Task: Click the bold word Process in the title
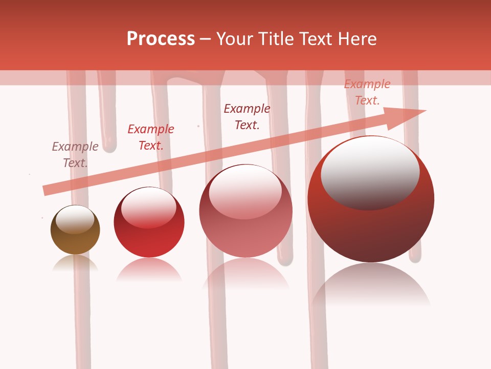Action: (x=161, y=38)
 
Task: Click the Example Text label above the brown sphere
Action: (x=75, y=154)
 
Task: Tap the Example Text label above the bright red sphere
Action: (x=150, y=137)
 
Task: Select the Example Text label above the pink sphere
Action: (x=247, y=116)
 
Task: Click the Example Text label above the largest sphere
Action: (x=367, y=92)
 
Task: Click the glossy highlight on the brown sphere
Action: (x=75, y=219)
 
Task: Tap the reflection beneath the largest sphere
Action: (x=371, y=284)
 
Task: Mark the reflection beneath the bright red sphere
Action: (x=149, y=269)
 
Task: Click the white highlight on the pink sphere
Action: (x=245, y=192)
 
